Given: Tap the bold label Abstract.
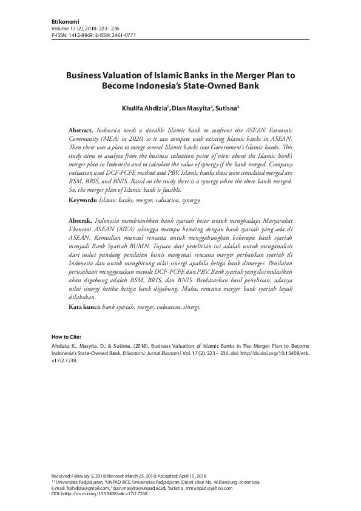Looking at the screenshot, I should (x=80, y=130).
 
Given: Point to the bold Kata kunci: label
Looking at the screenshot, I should (x=84, y=308).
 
